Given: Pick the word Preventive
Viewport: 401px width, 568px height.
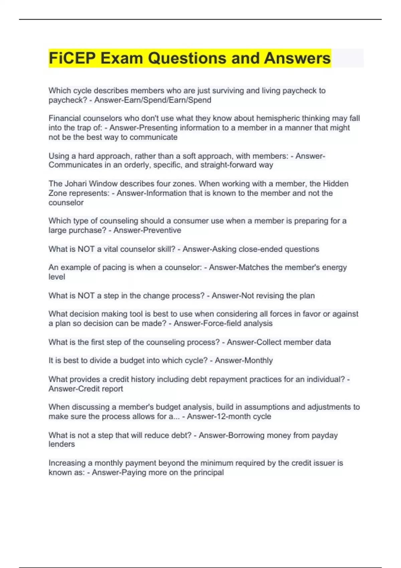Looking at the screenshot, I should click(x=164, y=230).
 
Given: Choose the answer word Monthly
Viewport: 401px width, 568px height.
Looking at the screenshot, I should click(x=258, y=361).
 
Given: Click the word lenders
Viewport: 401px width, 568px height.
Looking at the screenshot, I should click(x=62, y=444).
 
